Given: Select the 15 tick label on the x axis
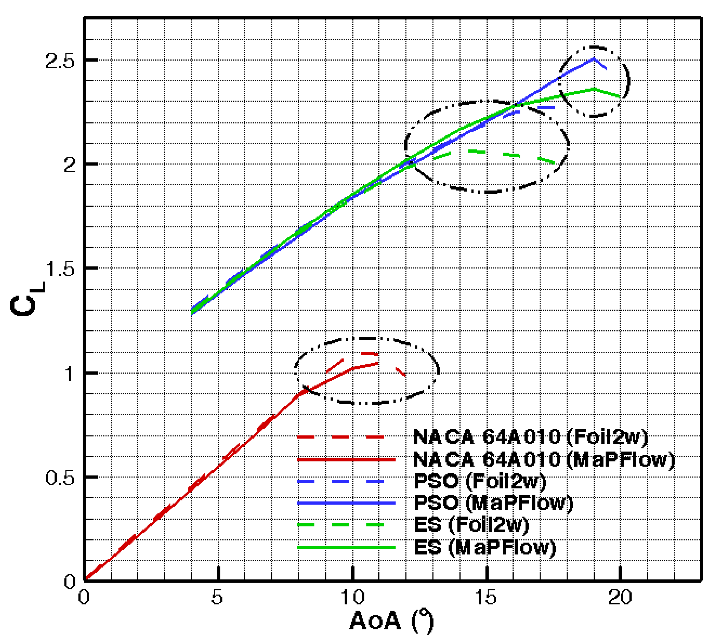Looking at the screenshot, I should [486, 597].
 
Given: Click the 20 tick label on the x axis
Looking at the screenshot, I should [620, 597].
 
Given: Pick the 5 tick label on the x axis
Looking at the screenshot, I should [217, 597].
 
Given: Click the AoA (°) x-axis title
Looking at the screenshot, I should [391, 621].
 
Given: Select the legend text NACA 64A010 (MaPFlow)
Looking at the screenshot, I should [544, 459].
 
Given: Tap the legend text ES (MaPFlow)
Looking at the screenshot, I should [485, 547].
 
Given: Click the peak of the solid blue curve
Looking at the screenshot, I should [594, 59].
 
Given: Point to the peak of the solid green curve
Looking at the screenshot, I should [594, 89].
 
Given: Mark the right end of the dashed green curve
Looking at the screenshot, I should [555, 163].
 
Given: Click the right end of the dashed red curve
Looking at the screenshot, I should [405, 375].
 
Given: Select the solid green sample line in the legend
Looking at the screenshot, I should [346, 547].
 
